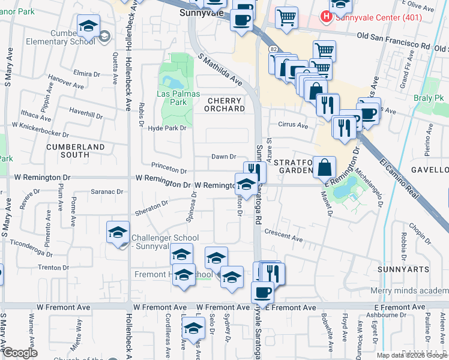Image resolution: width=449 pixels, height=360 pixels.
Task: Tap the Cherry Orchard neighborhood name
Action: (226, 104)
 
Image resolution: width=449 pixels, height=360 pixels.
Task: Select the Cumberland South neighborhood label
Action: (76, 151)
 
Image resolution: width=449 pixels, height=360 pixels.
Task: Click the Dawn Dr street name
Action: (223, 157)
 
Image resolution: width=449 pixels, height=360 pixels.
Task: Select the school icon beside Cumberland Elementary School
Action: (88, 26)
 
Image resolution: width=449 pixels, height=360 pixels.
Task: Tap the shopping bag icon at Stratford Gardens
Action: (324, 168)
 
